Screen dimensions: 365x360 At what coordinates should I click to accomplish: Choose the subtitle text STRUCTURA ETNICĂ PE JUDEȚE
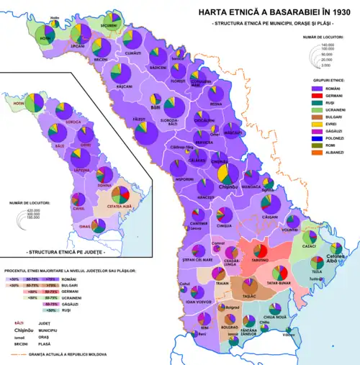[x=63, y=253]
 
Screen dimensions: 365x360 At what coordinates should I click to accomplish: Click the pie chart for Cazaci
[x=310, y=237]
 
